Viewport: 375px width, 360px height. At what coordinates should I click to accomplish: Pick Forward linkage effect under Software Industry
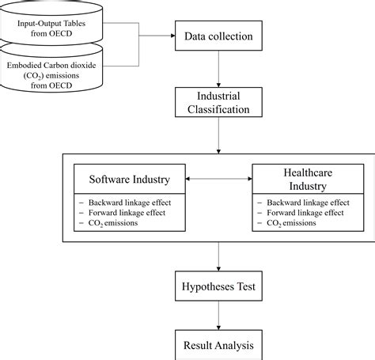click(124, 214)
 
